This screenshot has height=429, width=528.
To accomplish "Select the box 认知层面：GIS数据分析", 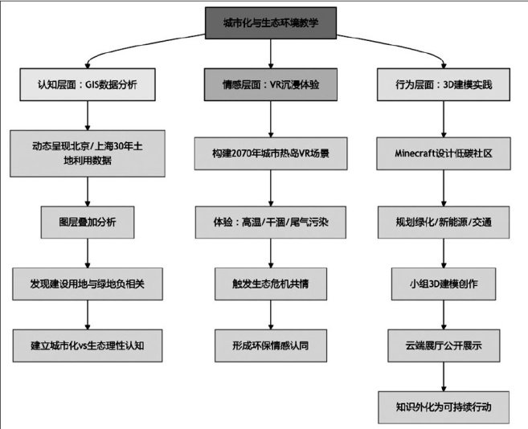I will tap(87, 84).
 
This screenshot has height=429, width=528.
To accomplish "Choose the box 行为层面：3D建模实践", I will tap(444, 84).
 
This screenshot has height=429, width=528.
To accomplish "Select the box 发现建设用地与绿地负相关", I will tap(87, 284).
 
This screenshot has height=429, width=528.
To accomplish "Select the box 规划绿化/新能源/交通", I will tap(444, 220).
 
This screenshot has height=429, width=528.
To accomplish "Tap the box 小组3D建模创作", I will tap(444, 284).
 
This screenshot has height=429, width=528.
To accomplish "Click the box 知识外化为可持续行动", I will tap(444, 407).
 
